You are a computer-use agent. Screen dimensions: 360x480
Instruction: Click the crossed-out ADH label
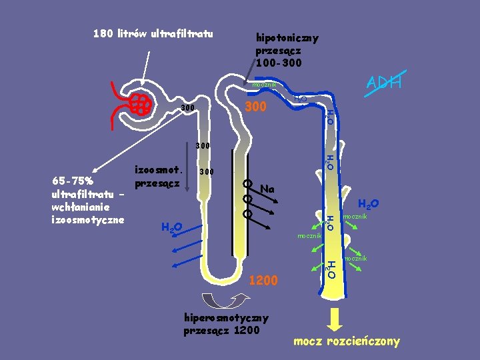[383, 83]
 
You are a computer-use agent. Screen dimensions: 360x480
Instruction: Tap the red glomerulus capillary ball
[141, 104]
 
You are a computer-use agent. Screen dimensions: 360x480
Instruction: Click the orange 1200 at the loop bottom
[263, 281]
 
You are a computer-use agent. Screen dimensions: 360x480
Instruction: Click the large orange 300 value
[257, 107]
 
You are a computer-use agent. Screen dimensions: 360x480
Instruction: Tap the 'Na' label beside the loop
[268, 189]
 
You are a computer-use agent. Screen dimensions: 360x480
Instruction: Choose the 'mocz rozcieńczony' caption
[347, 341]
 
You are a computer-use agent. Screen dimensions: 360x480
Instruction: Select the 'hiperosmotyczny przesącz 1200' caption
[226, 324]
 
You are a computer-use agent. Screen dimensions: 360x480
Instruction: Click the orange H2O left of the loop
[172, 228]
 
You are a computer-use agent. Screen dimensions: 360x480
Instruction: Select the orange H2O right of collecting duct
[369, 204]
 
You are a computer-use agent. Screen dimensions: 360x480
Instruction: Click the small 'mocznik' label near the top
[264, 85]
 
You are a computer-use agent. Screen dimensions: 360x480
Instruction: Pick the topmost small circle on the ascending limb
[247, 183]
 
